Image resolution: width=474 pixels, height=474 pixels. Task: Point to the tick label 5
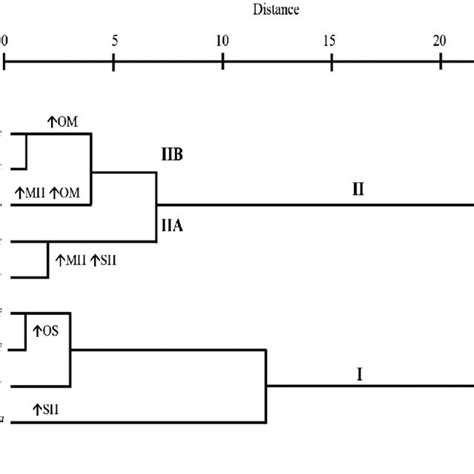tap(114, 41)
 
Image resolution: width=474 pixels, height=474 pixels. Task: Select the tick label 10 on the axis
tap(222, 41)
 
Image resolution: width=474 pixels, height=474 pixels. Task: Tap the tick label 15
tap(331, 41)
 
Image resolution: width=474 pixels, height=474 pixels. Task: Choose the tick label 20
tap(439, 41)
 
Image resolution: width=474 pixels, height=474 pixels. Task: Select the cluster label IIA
tap(173, 226)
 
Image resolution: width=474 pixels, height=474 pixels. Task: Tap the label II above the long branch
tap(357, 189)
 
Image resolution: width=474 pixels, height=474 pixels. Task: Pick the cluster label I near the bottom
tap(358, 375)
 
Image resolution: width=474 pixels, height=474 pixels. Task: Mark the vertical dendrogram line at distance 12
tap(265, 385)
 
